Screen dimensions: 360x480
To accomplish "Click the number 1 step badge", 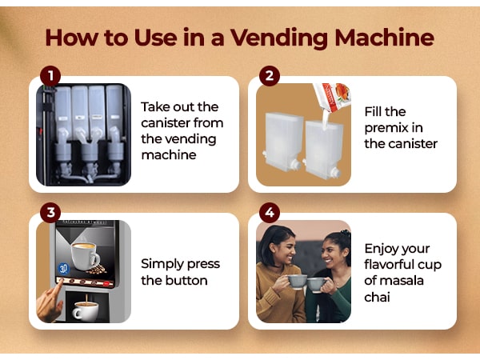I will click(50, 77).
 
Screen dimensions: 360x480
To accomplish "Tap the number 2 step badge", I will click(270, 77).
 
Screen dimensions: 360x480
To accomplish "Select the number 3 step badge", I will click(50, 213).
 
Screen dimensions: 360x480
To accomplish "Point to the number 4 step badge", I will click(270, 213).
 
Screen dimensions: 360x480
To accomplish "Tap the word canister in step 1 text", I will click(168, 123).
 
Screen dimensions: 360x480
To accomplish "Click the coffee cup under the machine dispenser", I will click(84, 309).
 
